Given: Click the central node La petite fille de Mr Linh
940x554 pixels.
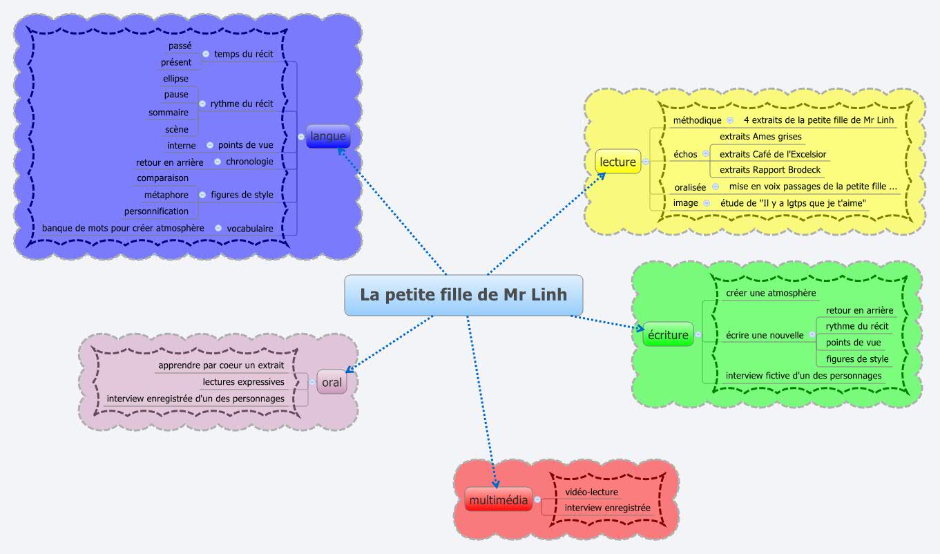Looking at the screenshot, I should click(463, 295).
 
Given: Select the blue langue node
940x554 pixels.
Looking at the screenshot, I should click(328, 136).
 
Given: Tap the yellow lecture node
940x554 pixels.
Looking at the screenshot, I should click(617, 162).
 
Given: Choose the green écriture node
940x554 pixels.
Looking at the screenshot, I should click(668, 335).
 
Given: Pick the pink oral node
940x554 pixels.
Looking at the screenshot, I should click(332, 382).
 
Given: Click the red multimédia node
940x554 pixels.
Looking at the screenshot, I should click(498, 499).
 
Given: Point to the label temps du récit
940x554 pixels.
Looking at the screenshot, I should click(244, 54).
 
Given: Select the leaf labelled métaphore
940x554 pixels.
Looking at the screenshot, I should click(166, 195).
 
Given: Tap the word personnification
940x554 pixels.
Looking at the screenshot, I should click(156, 211).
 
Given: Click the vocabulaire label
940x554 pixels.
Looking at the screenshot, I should click(250, 228).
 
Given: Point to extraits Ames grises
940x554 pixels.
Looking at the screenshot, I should click(760, 137).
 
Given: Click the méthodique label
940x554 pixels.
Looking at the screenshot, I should click(697, 120).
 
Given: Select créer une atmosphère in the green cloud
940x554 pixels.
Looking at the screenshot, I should click(771, 294).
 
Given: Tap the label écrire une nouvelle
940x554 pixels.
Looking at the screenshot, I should click(765, 335).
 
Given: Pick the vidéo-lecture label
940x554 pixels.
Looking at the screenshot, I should click(591, 492).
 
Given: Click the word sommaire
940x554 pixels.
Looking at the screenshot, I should click(169, 113).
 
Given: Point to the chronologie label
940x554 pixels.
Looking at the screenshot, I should click(250, 162).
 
